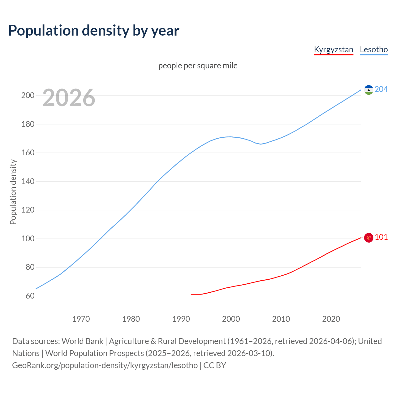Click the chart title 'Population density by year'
click(x=94, y=30)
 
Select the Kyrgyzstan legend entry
click(x=333, y=49)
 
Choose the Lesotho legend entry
click(x=374, y=49)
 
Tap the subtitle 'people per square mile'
click(x=198, y=66)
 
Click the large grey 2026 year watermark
click(x=69, y=98)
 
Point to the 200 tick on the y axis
click(x=28, y=95)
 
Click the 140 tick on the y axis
click(x=28, y=181)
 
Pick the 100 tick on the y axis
click(x=28, y=239)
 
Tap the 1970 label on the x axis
click(x=81, y=319)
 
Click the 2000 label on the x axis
click(x=231, y=319)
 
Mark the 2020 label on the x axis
click(x=331, y=319)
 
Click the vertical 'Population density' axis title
click(x=13, y=192)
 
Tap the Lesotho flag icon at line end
click(x=368, y=90)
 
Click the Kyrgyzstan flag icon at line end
click(x=368, y=238)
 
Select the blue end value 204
click(x=381, y=89)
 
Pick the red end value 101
click(x=381, y=237)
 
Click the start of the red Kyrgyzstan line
click(x=192, y=294)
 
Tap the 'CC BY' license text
click(x=215, y=365)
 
